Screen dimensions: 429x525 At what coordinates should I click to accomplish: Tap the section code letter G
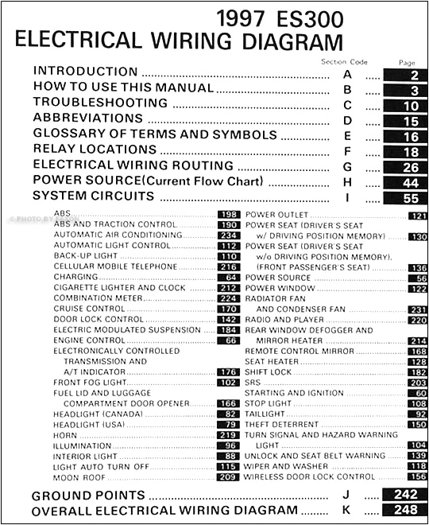coord(347,166)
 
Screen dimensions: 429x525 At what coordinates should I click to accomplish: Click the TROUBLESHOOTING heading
coord(100,103)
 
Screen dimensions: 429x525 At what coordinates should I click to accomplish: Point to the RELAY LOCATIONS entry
coord(95,149)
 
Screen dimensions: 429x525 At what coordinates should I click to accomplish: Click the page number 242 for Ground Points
coord(402,495)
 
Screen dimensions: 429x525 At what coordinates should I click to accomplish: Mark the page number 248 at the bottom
coord(402,510)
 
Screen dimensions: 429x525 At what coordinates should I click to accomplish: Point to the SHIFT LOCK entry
coord(269,371)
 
